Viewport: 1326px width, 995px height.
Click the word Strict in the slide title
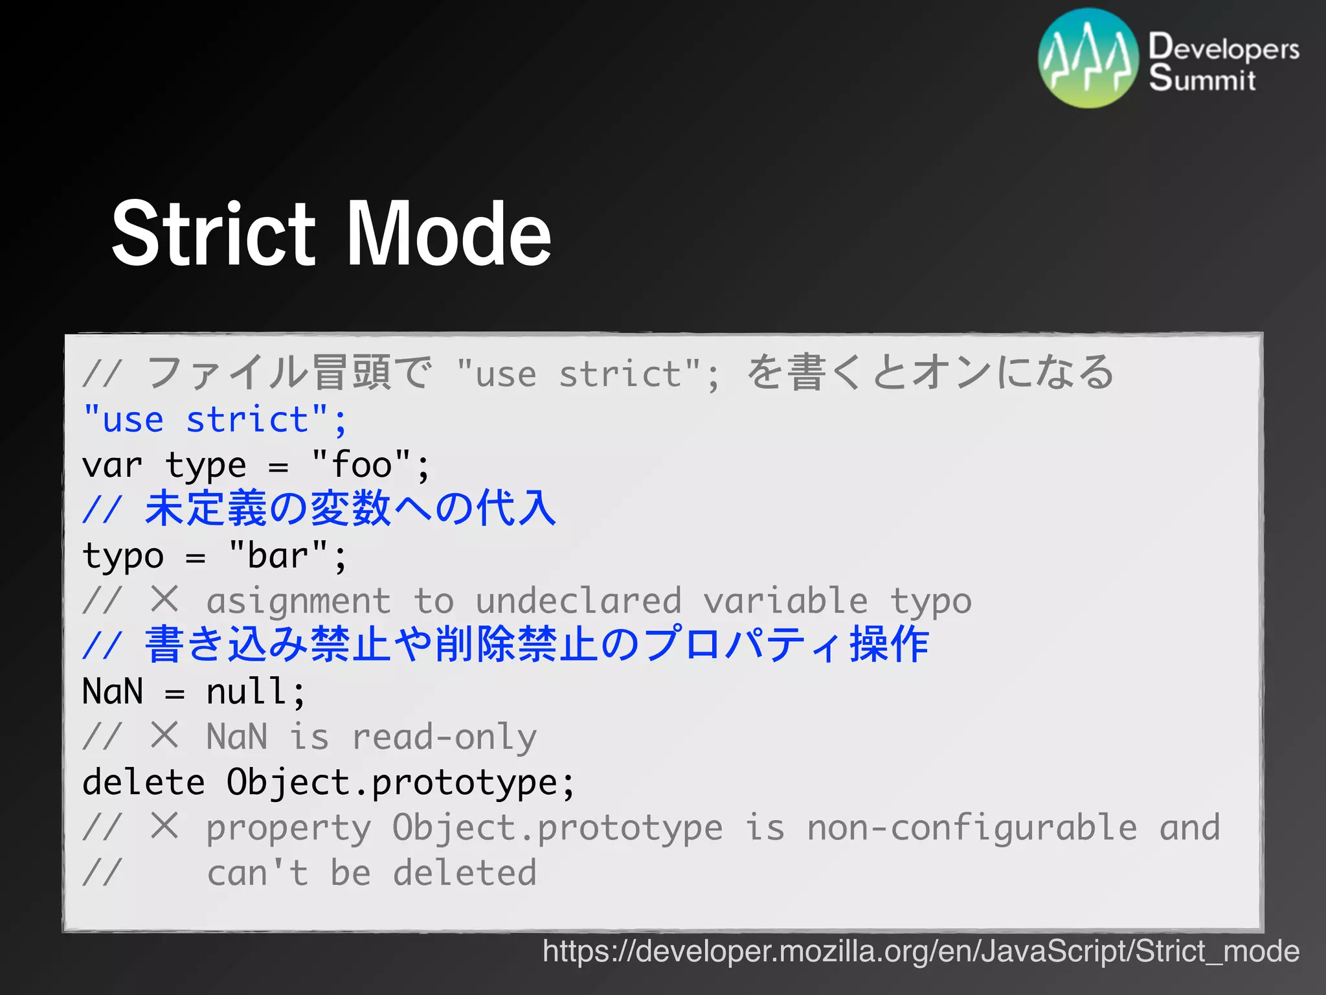pos(214,234)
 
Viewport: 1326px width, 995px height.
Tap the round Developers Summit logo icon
pos(1088,58)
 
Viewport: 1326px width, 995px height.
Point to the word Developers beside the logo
pos(1224,48)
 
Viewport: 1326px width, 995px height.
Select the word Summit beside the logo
pos(1202,79)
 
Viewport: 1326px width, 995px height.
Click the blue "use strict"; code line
pos(216,420)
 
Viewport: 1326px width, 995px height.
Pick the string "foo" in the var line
pos(361,465)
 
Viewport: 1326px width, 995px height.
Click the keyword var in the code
pos(112,465)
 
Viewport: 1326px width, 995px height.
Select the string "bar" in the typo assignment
pos(278,556)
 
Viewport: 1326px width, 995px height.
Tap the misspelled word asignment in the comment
pos(298,601)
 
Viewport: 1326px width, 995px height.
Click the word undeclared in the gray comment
pos(578,601)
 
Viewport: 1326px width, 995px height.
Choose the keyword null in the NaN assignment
pos(247,692)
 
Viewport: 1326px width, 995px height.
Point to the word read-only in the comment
pos(444,737)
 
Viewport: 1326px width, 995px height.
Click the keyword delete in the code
pos(144,783)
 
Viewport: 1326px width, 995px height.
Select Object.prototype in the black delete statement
pos(392,783)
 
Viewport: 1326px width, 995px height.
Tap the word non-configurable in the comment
pos(971,828)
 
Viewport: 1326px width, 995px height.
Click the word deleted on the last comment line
pos(465,873)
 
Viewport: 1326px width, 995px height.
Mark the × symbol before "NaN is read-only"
pos(164,736)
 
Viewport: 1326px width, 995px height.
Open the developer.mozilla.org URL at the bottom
pos(921,951)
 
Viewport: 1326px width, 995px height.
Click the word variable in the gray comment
pos(785,601)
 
